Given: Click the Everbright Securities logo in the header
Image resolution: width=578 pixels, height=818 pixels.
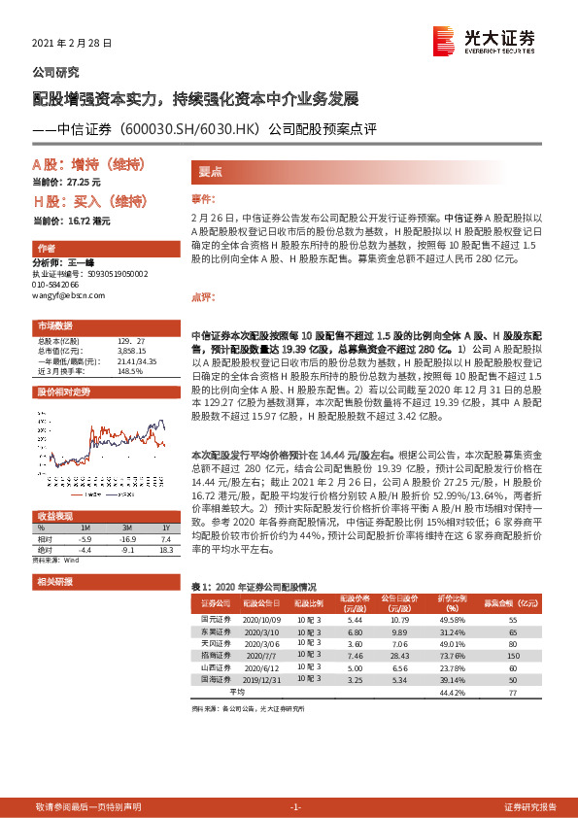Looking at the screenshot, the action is [485, 40].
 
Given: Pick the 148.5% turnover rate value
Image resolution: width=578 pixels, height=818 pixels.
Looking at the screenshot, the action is [131, 370].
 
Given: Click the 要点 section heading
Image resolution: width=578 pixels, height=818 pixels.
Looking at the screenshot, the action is [211, 172].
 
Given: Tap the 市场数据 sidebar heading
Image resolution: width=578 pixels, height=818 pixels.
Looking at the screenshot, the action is [55, 324].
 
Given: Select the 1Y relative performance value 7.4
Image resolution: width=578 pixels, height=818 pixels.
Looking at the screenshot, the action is [165, 539].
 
